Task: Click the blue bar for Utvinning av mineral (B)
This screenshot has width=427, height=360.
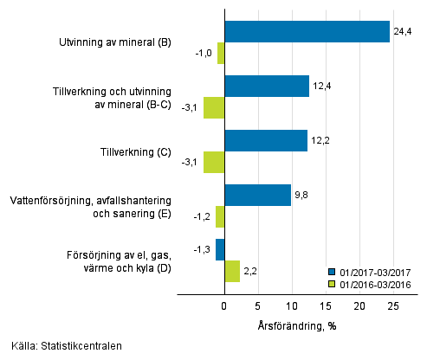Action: tap(307, 31)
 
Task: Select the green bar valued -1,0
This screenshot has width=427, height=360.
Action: tap(221, 53)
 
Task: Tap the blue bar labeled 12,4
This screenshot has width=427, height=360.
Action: tap(266, 86)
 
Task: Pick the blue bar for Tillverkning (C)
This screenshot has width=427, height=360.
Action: tap(265, 140)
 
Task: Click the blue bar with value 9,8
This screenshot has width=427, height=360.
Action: tap(257, 195)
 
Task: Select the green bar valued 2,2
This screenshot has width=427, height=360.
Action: tap(231, 272)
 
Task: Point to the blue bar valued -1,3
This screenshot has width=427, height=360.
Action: tap(220, 249)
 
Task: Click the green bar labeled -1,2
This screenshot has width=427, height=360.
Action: tap(220, 216)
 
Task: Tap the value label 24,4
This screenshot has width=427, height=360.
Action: tap(403, 31)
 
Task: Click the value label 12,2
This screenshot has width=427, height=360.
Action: tap(320, 140)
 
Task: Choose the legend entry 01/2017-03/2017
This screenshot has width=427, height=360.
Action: tap(375, 270)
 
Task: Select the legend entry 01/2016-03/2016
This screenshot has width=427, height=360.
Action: tap(375, 282)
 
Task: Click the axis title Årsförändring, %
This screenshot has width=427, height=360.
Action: tap(297, 326)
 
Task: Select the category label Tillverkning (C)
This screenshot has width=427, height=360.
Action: tap(133, 151)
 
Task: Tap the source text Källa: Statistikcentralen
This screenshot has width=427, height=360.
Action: tap(61, 346)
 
